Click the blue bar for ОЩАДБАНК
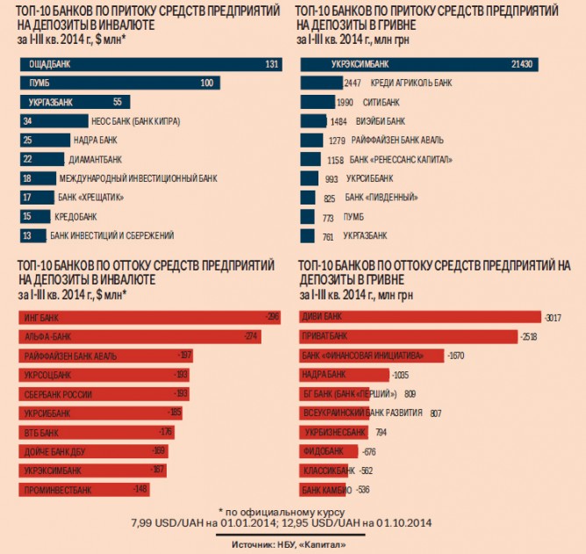149,64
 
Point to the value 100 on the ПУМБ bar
207,83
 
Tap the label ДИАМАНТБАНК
95,159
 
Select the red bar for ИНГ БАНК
149,315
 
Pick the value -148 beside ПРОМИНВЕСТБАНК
139,489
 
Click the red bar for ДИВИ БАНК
420,315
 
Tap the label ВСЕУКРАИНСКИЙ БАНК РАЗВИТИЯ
362,412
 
